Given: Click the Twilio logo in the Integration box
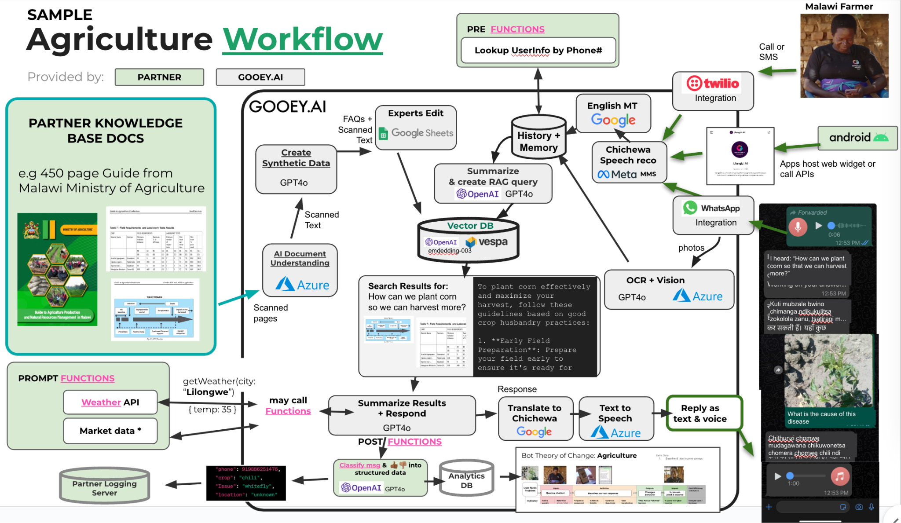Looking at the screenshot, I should coord(713,83).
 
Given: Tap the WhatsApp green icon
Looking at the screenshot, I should coord(690,208).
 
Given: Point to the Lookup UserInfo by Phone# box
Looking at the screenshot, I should coord(538,51).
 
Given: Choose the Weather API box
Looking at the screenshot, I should coord(110,402).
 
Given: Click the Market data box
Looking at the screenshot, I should coord(110,431).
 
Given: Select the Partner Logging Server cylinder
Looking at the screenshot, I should coord(104,486).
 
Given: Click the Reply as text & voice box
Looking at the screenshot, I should coord(704,413).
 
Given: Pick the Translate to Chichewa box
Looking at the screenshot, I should coord(535,418).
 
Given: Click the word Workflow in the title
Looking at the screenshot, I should coord(303,40).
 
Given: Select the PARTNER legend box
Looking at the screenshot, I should coord(159,77).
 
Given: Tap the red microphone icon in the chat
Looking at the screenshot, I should coord(797,227).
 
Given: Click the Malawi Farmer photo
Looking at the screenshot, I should coord(844,56).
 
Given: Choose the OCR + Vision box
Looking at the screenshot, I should coord(669,289).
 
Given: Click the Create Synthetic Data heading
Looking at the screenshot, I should coord(296,158).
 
